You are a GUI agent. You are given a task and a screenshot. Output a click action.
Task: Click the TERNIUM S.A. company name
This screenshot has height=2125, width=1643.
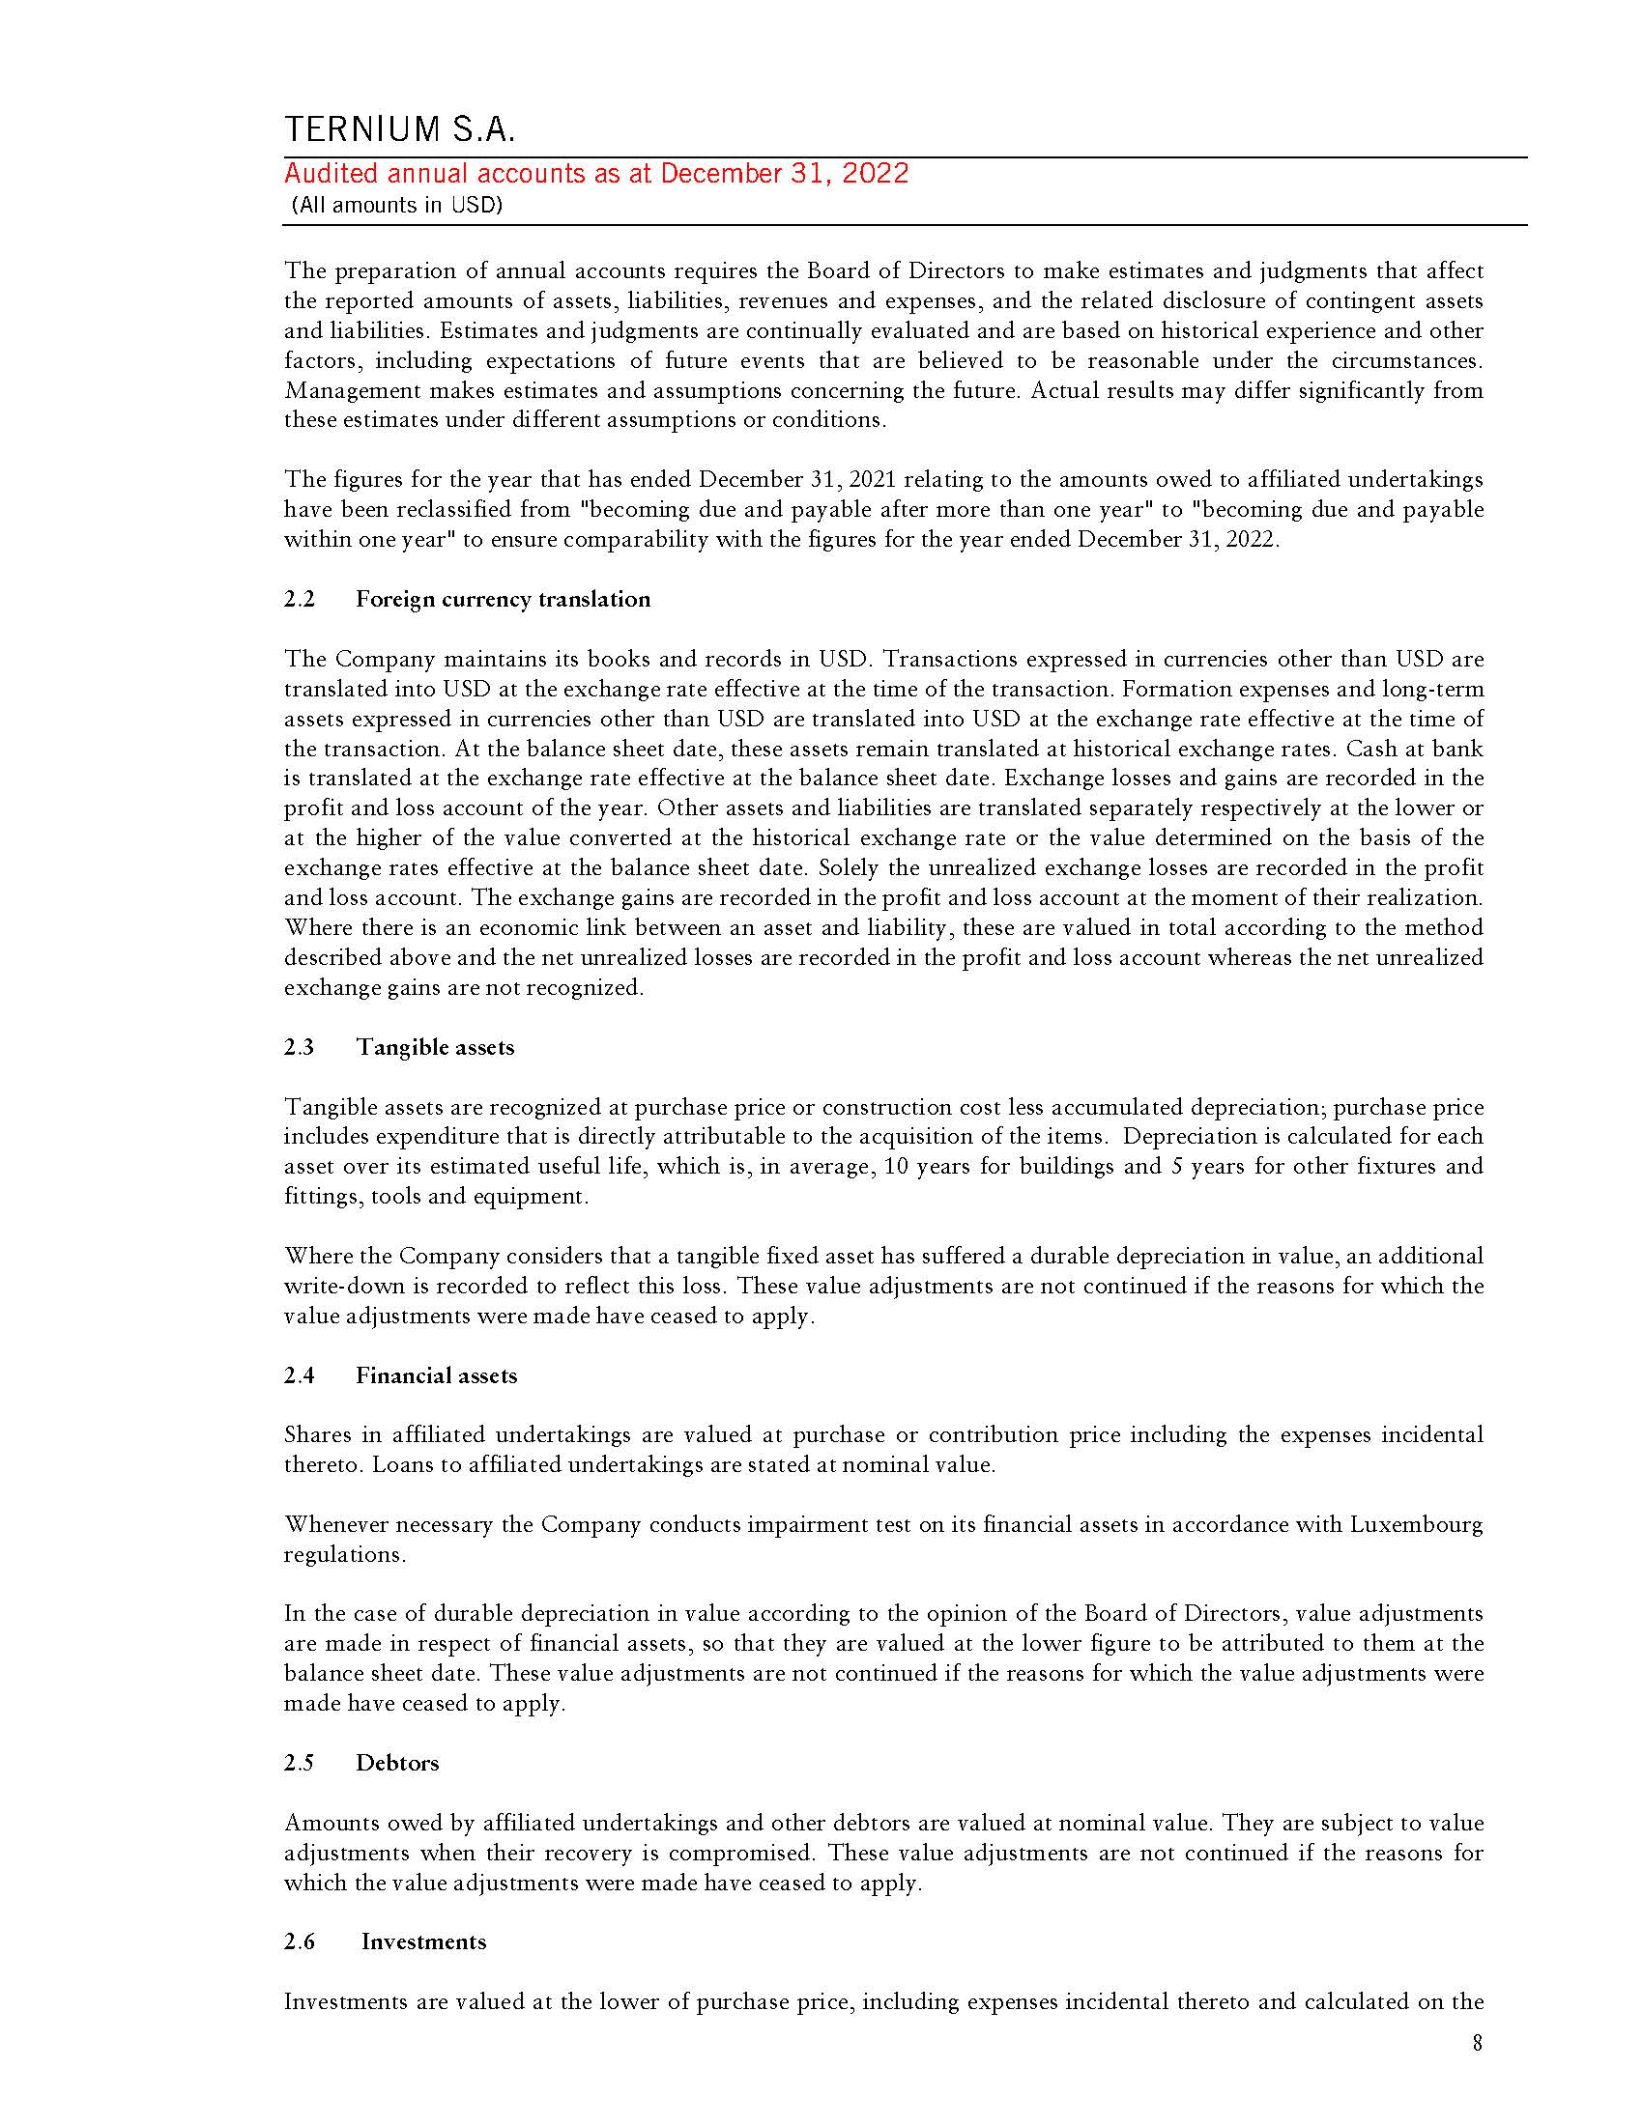(399, 129)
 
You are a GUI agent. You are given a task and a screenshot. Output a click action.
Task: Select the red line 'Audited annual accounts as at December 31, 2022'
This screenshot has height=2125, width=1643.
(595, 174)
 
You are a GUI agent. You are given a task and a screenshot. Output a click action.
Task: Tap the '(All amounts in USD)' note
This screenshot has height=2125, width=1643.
(396, 207)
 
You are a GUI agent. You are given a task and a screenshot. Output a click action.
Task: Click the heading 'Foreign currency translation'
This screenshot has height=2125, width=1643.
(503, 600)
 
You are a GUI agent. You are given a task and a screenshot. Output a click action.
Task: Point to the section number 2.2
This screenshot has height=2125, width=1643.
(300, 600)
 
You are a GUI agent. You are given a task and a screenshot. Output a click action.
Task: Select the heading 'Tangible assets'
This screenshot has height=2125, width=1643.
(434, 1047)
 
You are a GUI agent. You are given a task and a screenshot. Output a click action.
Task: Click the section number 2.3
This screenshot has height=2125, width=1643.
(300, 1047)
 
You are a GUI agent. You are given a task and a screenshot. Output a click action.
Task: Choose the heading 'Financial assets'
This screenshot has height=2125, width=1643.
(436, 1375)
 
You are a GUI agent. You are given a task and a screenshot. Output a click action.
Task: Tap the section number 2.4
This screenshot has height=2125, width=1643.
(300, 1375)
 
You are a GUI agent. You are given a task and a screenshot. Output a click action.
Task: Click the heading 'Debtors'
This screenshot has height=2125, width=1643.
(397, 1763)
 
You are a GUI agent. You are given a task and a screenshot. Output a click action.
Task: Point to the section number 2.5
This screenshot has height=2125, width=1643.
(300, 1763)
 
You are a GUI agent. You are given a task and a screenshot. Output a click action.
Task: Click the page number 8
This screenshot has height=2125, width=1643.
(1478, 2044)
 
